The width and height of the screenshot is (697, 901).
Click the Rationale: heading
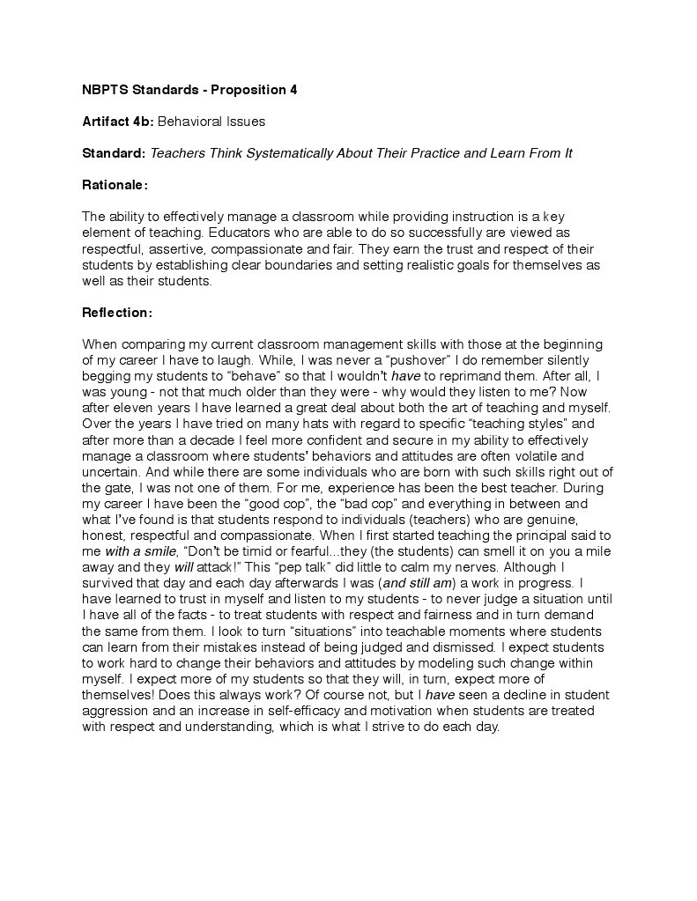click(x=115, y=185)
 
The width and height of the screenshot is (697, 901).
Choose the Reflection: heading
click(x=117, y=312)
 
